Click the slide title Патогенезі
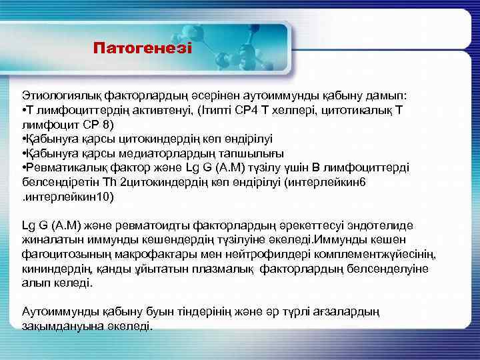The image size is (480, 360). (142, 49)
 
